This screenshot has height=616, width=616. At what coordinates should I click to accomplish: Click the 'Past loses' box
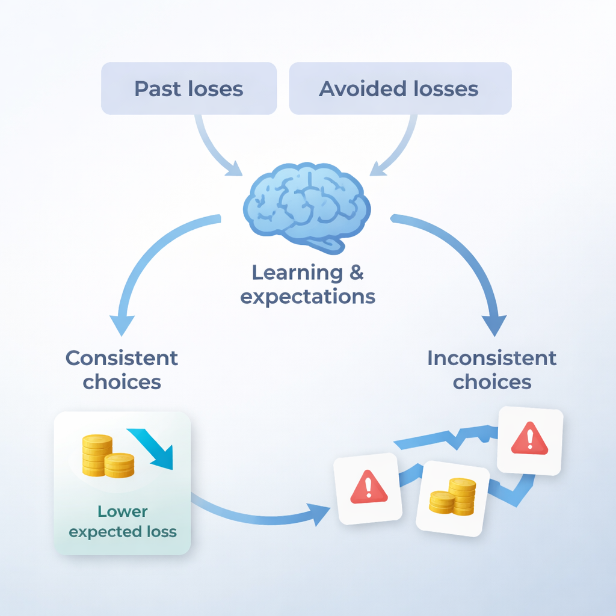click(x=189, y=88)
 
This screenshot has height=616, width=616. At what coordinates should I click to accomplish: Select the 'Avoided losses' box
click(x=400, y=88)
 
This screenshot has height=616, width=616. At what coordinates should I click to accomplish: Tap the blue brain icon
click(x=307, y=208)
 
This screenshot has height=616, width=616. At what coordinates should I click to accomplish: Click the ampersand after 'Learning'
click(x=356, y=273)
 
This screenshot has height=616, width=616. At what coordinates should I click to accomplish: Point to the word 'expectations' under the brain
click(x=307, y=297)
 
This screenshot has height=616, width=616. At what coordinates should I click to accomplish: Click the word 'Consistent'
click(x=122, y=358)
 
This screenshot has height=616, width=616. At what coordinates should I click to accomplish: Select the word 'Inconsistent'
click(x=492, y=358)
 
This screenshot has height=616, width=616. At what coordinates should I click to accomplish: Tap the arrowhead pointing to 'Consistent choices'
click(x=122, y=325)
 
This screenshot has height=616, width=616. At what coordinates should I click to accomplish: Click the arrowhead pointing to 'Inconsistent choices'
click(x=494, y=325)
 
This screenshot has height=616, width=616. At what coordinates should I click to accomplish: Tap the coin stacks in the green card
click(x=108, y=456)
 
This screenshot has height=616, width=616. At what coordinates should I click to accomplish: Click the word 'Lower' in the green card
click(x=123, y=511)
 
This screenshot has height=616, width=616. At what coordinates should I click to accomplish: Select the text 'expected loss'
click(x=123, y=532)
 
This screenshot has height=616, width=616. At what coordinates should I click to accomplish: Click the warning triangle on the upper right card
click(x=529, y=438)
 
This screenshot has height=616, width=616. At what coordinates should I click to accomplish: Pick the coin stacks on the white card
click(x=452, y=496)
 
